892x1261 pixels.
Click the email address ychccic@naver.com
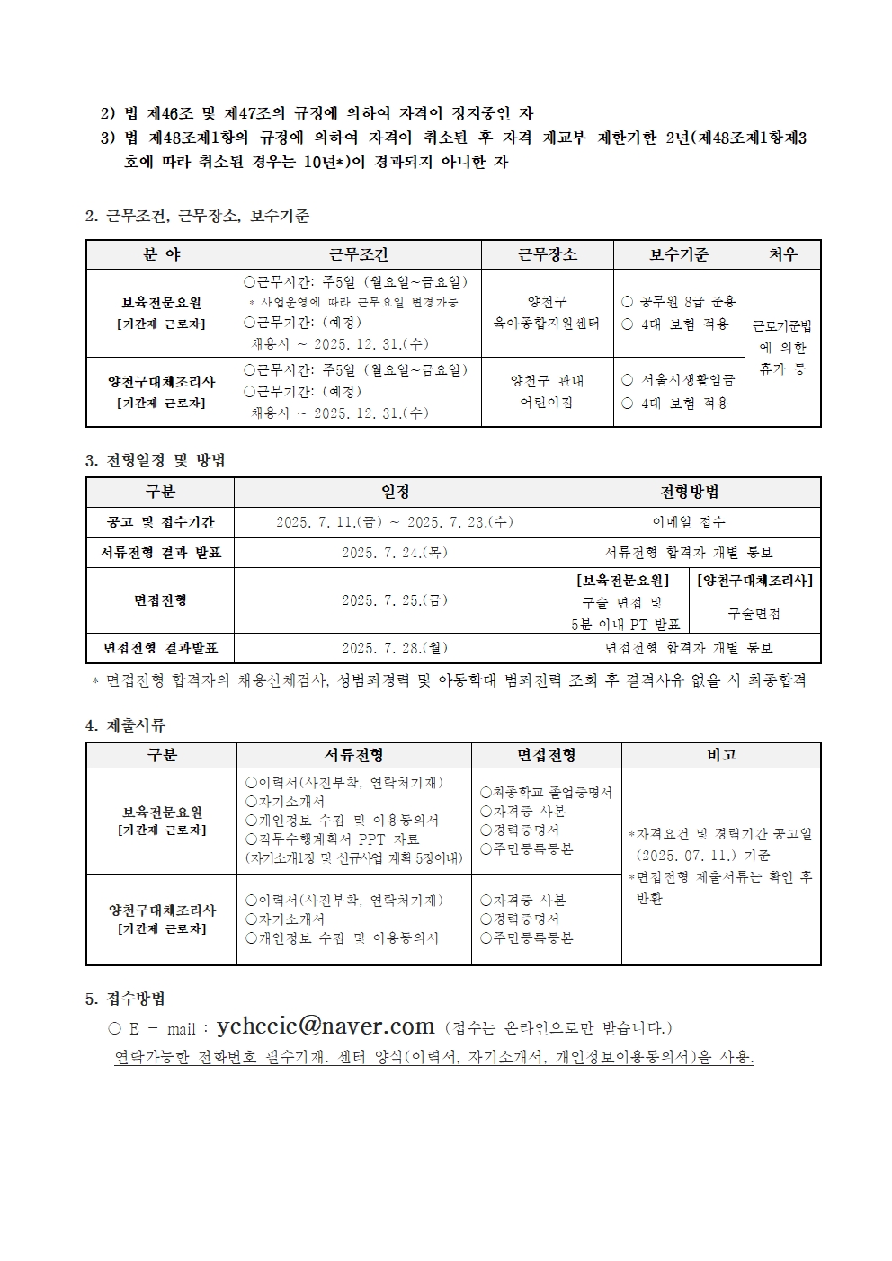pos(326,1026)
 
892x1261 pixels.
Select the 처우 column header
pos(782,254)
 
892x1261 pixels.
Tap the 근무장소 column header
pos(547,254)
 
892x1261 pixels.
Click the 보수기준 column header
pos(679,254)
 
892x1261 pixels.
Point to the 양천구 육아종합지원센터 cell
pos(547,313)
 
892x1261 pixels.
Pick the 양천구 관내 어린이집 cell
pos(547,391)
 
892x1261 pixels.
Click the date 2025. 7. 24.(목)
pos(395,553)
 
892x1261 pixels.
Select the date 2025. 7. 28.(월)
pos(395,647)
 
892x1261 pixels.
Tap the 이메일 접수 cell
pos(689,522)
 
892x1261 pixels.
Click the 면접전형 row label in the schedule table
pos(160,600)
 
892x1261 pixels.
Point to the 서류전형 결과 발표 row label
pos(160,553)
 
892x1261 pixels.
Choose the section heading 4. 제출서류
pos(125,725)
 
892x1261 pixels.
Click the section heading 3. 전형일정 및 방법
pos(155,461)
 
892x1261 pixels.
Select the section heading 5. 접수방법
pos(125,999)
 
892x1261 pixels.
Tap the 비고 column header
pos(721,756)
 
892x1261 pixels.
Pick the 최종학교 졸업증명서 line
pos(546,792)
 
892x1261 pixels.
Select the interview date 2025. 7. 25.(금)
pos(395,600)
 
